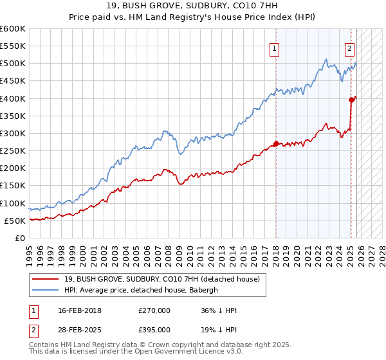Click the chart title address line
coord(193,6)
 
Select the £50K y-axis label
coord(15,221)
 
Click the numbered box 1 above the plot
coord(275,47)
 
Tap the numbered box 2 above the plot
coord(349,47)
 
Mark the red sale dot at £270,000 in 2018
coord(276,143)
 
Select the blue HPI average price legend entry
coord(141,290)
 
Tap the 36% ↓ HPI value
coord(219,310)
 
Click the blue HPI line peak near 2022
coord(327,60)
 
